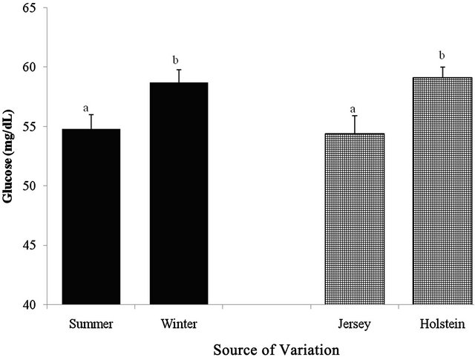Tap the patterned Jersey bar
pyautogui.click(x=353, y=219)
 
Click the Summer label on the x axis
pyautogui.click(x=91, y=324)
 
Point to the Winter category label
pyautogui.click(x=178, y=324)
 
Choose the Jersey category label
pyautogui.click(x=353, y=324)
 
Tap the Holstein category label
pyautogui.click(x=441, y=324)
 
